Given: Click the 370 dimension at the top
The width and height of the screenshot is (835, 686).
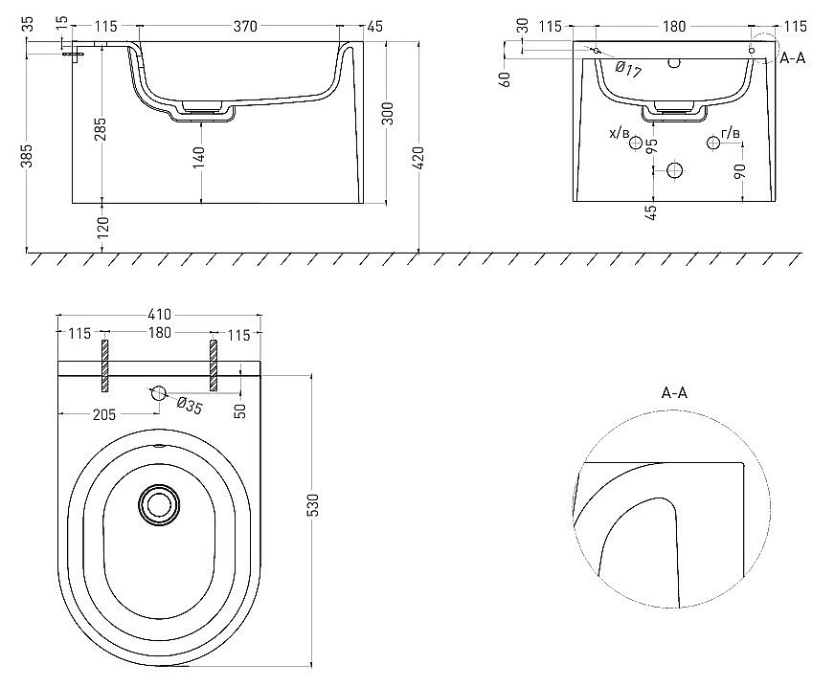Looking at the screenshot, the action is pyautogui.click(x=245, y=26).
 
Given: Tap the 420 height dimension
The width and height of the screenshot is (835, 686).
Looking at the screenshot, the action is pyautogui.click(x=418, y=158).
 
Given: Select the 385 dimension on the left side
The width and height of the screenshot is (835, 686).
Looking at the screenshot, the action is pyautogui.click(x=27, y=155).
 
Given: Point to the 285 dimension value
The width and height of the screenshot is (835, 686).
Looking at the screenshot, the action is pyautogui.click(x=102, y=129).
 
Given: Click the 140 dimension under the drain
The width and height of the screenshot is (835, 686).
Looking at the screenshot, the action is pyautogui.click(x=198, y=158).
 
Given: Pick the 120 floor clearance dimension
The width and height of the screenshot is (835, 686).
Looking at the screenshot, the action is pyautogui.click(x=102, y=228).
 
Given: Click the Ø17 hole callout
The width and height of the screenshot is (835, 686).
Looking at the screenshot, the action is pyautogui.click(x=628, y=69).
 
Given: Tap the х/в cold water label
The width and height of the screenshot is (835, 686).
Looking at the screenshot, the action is pyautogui.click(x=620, y=133).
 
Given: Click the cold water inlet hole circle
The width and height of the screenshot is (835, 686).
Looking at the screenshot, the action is pyautogui.click(x=635, y=143).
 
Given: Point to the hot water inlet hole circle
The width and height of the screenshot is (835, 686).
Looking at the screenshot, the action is pyautogui.click(x=713, y=143).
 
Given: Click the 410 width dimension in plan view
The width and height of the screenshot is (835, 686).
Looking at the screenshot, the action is pyautogui.click(x=159, y=315).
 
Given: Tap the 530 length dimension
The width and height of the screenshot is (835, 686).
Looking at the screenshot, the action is pyautogui.click(x=313, y=504).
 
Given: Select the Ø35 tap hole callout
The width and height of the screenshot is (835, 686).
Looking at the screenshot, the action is pyautogui.click(x=189, y=406).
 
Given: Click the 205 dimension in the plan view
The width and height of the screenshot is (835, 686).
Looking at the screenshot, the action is pyautogui.click(x=103, y=414).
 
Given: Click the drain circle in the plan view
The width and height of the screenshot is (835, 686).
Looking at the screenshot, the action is pyautogui.click(x=159, y=504).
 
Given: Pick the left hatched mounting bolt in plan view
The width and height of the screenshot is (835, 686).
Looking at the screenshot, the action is pyautogui.click(x=105, y=365).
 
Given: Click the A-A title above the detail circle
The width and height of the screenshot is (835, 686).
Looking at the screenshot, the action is pyautogui.click(x=674, y=393).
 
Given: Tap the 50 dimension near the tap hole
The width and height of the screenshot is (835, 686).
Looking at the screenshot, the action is pyautogui.click(x=240, y=410).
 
